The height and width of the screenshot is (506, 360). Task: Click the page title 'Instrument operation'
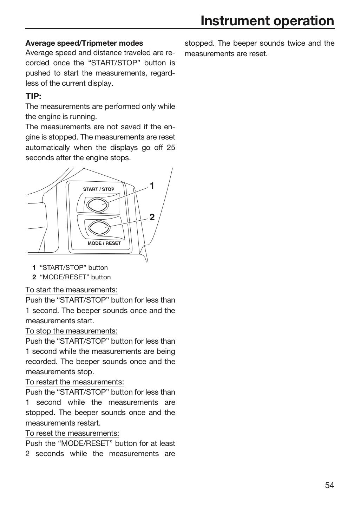click(x=267, y=21)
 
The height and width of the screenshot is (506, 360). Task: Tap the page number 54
click(x=329, y=485)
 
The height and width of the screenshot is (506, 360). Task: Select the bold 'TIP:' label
click(x=33, y=96)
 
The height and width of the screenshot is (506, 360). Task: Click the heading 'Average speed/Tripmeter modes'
click(x=84, y=43)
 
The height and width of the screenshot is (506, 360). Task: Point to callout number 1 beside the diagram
click(x=152, y=186)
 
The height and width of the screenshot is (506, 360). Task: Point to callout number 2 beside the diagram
click(x=152, y=217)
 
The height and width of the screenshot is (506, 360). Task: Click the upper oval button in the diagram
click(x=98, y=205)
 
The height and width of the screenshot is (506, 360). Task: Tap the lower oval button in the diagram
click(x=99, y=228)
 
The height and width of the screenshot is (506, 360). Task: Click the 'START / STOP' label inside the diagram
click(x=99, y=189)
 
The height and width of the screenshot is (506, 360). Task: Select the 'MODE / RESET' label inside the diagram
click(x=104, y=243)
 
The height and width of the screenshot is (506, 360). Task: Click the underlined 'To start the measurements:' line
click(x=71, y=290)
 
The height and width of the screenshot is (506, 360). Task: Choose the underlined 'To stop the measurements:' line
click(x=71, y=331)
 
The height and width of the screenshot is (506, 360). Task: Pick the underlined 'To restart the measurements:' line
click(x=75, y=382)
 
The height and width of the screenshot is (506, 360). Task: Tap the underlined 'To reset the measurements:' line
click(x=72, y=433)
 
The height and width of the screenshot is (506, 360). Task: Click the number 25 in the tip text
click(x=171, y=148)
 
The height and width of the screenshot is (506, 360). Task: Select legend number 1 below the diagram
click(x=34, y=268)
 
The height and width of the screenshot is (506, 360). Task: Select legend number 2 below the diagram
click(x=34, y=277)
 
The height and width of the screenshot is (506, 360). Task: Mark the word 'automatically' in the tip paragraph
click(x=48, y=148)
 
